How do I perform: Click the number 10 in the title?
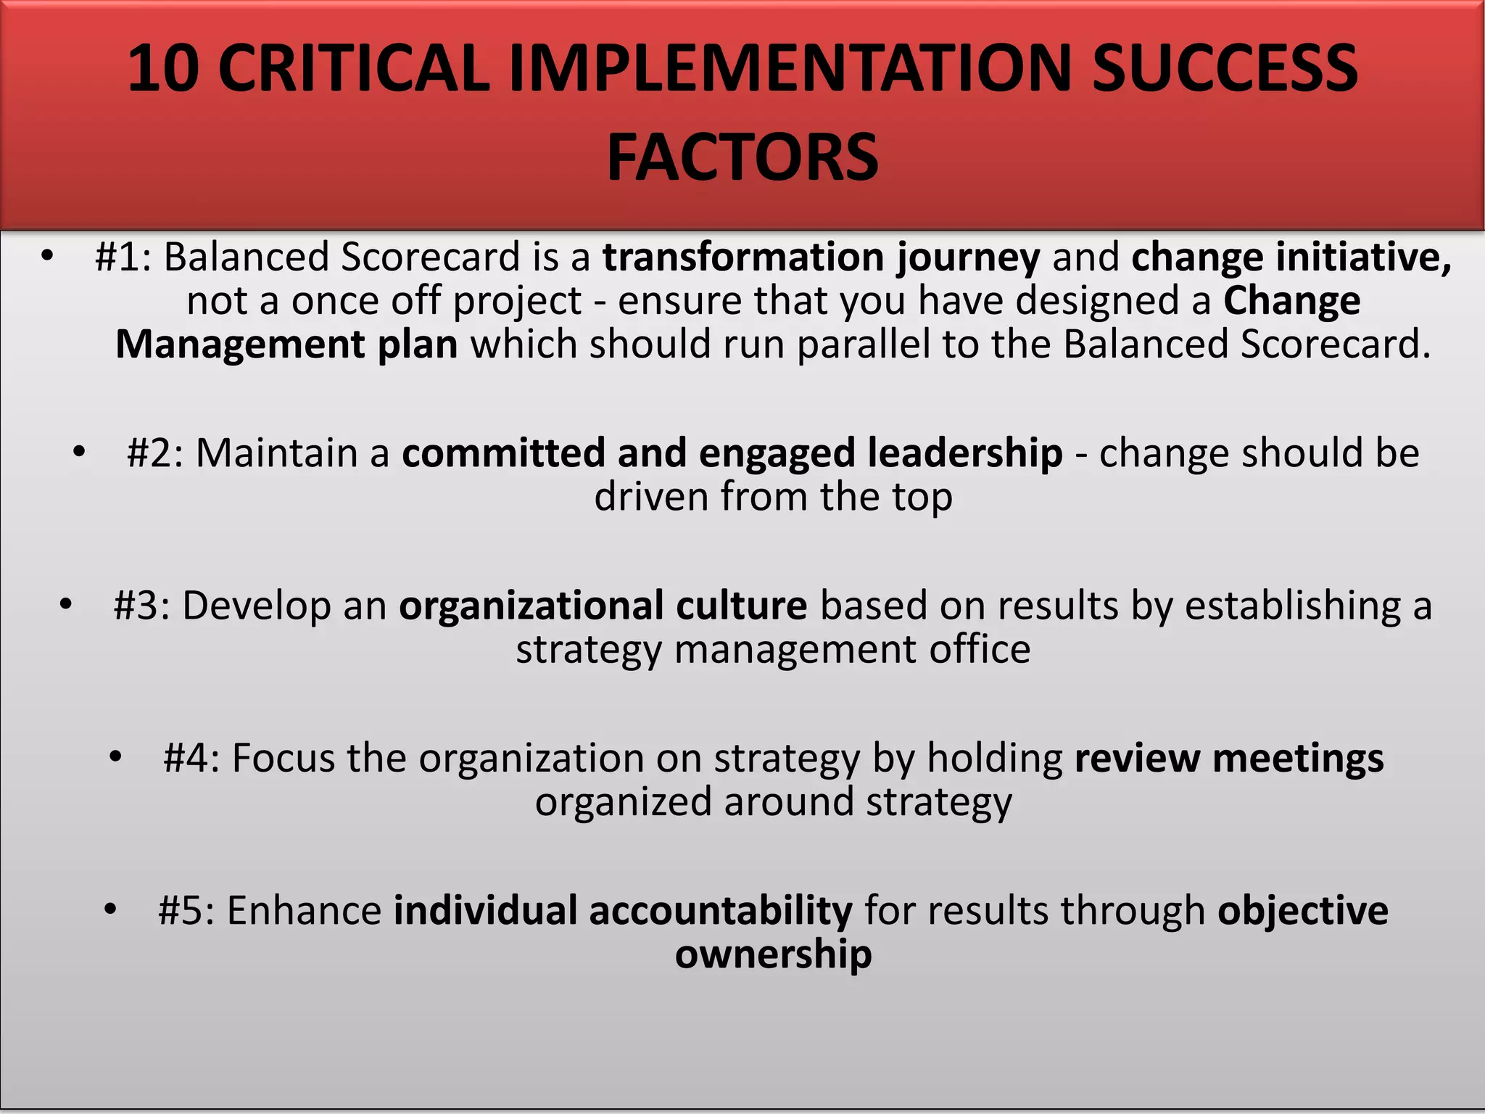(163, 69)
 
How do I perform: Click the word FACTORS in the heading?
(742, 157)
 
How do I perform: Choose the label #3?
(142, 606)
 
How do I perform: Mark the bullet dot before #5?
(110, 909)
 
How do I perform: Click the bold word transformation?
(743, 257)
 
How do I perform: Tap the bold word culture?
(741, 606)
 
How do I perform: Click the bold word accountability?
(720, 911)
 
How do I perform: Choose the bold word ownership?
(773, 954)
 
